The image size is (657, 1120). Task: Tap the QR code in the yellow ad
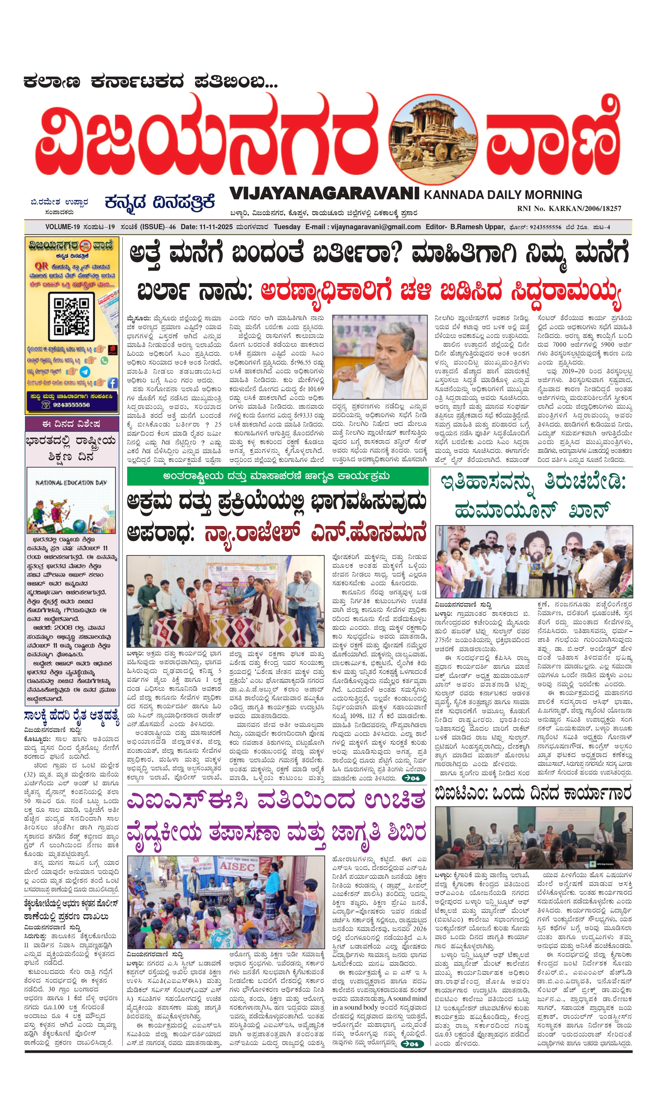[71, 317]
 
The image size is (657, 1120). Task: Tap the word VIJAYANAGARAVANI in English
[324, 193]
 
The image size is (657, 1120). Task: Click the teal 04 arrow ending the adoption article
[413, 778]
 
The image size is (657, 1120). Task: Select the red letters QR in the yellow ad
[41, 266]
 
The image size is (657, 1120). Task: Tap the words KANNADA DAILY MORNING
[503, 195]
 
